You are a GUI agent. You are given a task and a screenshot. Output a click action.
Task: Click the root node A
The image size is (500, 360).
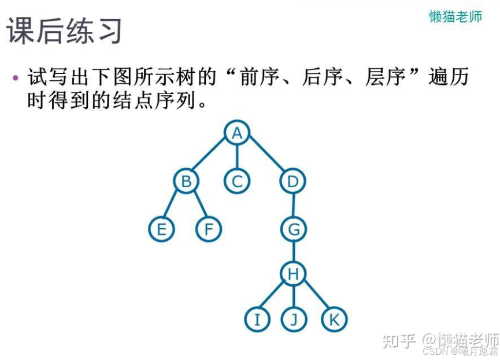click(236, 133)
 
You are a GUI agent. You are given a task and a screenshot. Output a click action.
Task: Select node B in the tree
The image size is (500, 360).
click(186, 182)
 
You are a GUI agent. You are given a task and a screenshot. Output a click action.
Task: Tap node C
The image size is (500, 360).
click(236, 182)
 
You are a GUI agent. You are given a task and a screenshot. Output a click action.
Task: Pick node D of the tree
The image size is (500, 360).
click(292, 182)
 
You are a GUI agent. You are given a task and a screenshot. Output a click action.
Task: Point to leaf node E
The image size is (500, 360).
click(161, 230)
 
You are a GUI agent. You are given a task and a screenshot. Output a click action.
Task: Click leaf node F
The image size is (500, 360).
click(209, 230)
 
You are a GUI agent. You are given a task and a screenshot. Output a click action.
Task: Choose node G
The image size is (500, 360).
click(294, 230)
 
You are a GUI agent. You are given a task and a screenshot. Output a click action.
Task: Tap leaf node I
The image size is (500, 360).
click(257, 320)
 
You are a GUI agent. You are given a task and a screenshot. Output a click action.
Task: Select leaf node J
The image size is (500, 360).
click(294, 320)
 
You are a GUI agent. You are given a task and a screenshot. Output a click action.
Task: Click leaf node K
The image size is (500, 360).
click(334, 320)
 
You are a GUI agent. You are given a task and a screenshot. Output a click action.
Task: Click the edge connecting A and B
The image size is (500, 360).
click(211, 158)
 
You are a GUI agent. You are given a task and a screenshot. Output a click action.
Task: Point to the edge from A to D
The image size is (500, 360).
click(265, 158)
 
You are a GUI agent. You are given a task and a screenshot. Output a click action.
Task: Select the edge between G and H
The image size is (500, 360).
click(294, 252)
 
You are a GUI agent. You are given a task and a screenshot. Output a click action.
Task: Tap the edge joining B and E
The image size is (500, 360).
click(173, 206)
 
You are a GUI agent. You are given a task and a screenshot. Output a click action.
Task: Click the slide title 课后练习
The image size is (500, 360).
click(65, 30)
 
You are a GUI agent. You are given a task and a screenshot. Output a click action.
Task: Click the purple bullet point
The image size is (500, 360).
click(16, 77)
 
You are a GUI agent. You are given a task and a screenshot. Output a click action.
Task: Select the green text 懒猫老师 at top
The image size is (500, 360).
click(455, 16)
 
